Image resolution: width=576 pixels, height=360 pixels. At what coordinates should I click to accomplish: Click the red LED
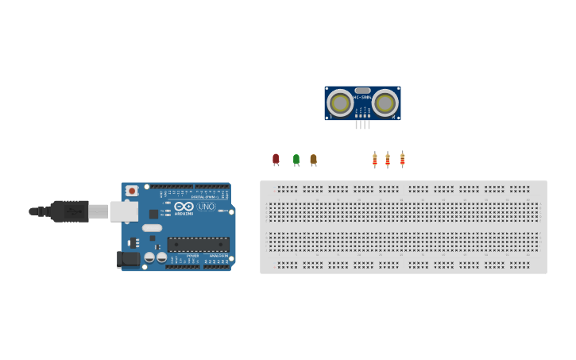tap(276, 159)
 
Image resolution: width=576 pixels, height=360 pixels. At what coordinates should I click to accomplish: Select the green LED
tap(296, 159)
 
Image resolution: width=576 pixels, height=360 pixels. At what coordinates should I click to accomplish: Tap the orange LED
tap(313, 159)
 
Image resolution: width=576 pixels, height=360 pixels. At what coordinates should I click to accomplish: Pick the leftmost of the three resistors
tap(374, 160)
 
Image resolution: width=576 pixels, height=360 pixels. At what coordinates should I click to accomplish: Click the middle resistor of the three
tap(388, 160)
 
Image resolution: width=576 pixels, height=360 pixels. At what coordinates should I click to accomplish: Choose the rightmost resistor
tap(402, 159)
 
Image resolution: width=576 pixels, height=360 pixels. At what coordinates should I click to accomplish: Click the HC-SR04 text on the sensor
tap(362, 98)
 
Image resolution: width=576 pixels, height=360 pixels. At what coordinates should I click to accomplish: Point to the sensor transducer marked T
tap(340, 103)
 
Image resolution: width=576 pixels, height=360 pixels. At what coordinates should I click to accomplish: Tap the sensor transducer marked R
tap(385, 103)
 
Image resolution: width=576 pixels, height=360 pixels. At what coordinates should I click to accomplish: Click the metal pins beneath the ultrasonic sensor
tap(362, 124)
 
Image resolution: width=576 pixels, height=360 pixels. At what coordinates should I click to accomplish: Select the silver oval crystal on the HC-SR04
tap(362, 91)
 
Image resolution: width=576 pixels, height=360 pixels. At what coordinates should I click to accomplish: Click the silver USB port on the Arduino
tap(124, 211)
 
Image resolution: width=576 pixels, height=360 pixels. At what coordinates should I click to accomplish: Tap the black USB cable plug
tap(70, 211)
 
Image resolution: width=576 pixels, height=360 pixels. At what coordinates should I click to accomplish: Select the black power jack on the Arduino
tap(127, 258)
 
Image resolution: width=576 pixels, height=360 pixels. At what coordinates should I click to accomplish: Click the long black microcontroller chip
tap(198, 244)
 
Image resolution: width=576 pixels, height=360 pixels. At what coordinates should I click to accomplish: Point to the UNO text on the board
tap(206, 207)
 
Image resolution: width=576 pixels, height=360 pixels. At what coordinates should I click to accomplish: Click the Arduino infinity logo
tap(184, 206)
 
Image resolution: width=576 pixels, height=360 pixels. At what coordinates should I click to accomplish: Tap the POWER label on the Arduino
tap(193, 256)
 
